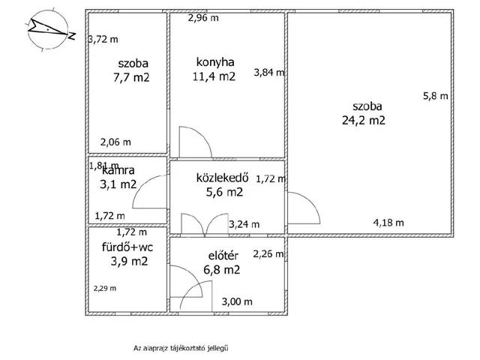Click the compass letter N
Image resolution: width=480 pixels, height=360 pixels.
(x=72, y=35)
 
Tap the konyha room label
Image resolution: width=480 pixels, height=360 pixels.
(x=215, y=62)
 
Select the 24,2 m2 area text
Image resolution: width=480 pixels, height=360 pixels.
(x=363, y=120)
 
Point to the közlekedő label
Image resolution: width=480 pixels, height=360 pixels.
(x=222, y=178)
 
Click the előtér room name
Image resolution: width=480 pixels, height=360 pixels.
(x=223, y=256)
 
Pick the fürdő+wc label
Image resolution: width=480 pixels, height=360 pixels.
(x=127, y=247)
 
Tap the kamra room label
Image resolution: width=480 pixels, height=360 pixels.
(x=118, y=170)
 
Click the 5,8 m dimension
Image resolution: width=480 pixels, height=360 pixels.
(x=435, y=96)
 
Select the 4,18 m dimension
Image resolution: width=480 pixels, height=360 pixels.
(x=388, y=223)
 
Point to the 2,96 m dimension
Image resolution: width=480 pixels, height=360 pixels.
(x=203, y=18)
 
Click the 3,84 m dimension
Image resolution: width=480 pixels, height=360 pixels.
(x=269, y=73)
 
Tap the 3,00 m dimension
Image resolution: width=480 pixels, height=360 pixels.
(x=237, y=301)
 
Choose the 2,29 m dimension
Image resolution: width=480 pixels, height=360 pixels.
(x=105, y=288)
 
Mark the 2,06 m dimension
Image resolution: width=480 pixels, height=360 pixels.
(x=115, y=142)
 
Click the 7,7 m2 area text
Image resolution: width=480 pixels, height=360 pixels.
(x=131, y=77)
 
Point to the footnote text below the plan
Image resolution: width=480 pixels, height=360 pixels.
(x=181, y=348)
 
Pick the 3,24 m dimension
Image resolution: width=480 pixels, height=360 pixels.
(x=244, y=224)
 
